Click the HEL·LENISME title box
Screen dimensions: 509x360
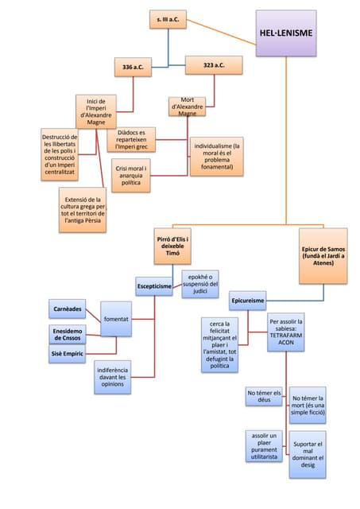(285, 33)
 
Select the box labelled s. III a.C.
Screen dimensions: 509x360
(168, 18)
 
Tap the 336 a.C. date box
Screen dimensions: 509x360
(133, 68)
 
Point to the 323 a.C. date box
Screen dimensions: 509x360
(213, 65)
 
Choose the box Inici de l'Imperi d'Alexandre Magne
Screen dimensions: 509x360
(96, 111)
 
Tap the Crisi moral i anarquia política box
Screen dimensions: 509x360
(130, 177)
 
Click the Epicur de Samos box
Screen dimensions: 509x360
(323, 256)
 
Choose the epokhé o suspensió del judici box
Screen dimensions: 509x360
(199, 283)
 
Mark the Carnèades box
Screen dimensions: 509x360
(68, 308)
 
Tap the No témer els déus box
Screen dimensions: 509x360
(264, 398)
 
